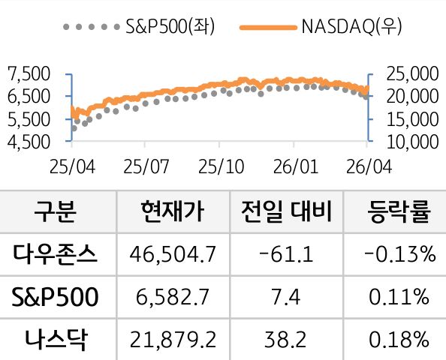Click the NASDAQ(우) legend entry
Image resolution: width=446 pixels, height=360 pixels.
point(323,28)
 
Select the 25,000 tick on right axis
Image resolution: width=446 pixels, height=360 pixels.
point(407,73)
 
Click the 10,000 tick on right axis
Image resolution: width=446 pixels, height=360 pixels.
point(407,140)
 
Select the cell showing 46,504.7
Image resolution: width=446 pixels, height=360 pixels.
point(172,255)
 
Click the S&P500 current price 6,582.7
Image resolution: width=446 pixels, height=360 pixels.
point(172,298)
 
